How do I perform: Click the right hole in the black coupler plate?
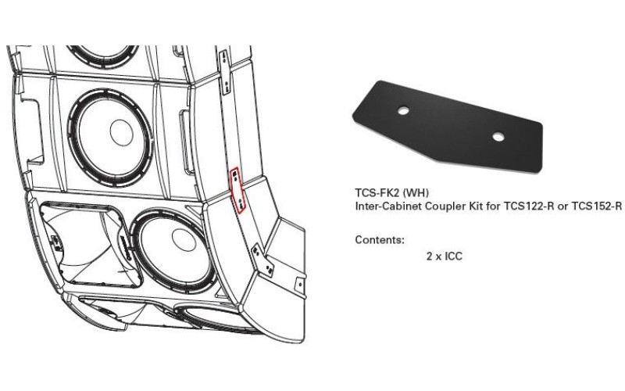coord(497,137)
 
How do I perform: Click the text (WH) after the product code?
coord(416,193)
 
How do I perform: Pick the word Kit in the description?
coord(467,206)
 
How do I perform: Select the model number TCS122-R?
coord(516,206)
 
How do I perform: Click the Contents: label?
coord(380,239)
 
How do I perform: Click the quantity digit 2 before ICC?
coord(429,256)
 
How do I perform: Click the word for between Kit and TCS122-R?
coord(484,206)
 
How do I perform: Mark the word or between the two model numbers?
coord(556,206)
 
